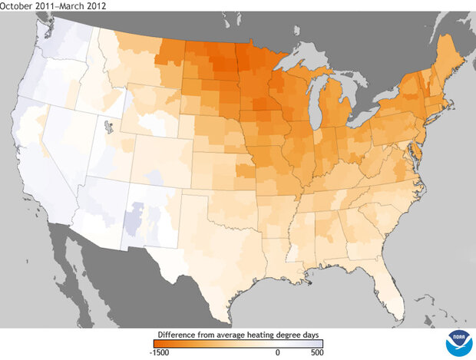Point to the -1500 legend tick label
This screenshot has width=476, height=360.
point(159,354)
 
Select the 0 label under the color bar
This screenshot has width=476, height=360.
point(277,354)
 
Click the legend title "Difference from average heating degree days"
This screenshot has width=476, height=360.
point(238,334)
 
